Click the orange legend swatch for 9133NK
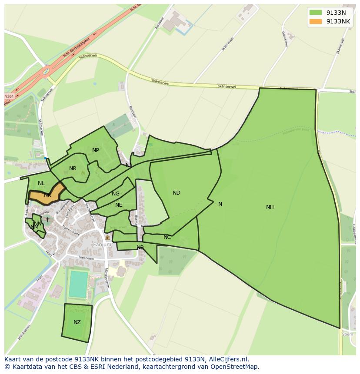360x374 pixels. [316, 21]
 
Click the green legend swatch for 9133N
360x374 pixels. [316, 12]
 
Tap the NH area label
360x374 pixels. [270, 207]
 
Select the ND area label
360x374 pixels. [176, 193]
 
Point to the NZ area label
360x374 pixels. [77, 322]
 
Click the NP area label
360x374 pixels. [96, 150]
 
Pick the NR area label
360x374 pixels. [73, 169]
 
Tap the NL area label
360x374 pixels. [41, 183]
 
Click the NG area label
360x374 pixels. [115, 194]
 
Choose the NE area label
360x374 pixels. [119, 205]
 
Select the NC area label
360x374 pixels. [167, 237]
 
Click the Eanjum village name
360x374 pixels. [102, 245]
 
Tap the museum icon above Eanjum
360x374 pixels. [107, 238]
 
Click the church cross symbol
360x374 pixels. [48, 220]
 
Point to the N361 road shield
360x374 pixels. [9, 96]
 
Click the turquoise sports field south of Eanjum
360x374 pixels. [78, 284]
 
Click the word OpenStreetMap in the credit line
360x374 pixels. [233, 367]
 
